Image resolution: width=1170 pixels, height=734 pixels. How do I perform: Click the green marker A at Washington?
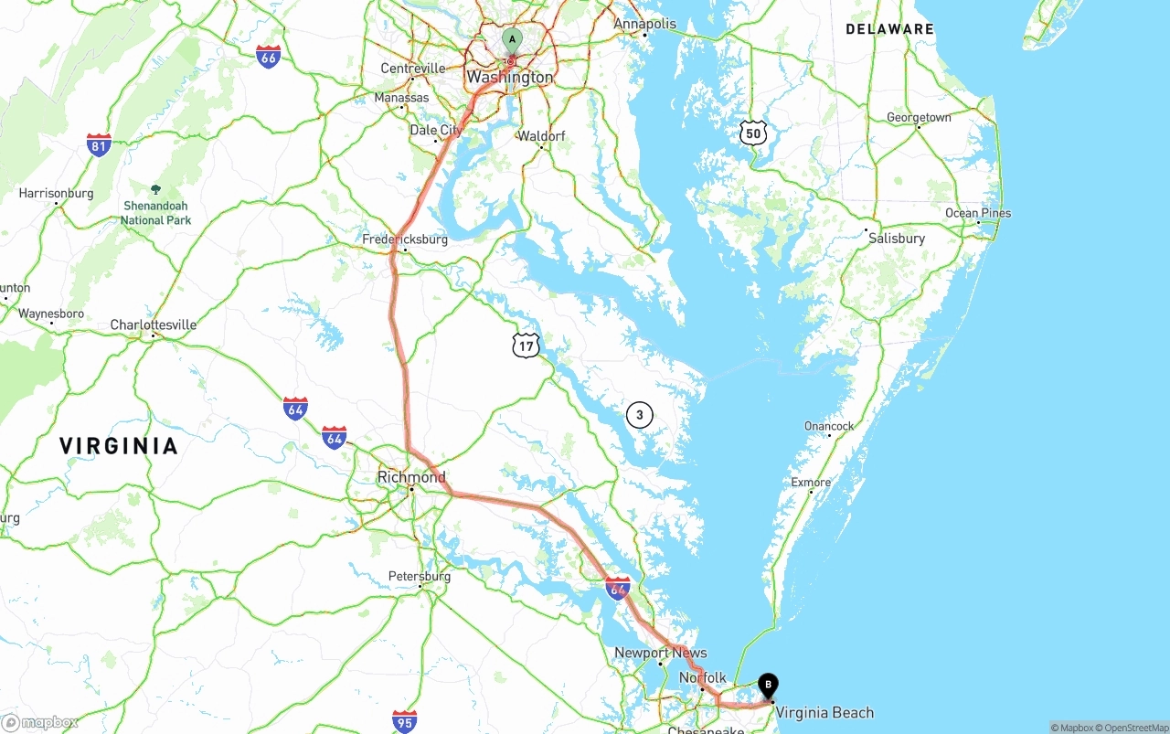click(512, 40)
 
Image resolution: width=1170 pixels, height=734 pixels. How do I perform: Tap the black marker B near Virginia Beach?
click(769, 685)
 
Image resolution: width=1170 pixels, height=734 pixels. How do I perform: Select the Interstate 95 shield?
click(404, 721)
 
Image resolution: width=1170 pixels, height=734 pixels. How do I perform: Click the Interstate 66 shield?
click(268, 57)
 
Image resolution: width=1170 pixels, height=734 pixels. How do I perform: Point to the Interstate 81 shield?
click(99, 144)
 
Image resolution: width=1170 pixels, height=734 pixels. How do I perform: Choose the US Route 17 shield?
click(526, 345)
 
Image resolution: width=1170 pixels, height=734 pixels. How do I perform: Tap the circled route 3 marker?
click(640, 415)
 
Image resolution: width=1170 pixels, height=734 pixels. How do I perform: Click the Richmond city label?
click(412, 477)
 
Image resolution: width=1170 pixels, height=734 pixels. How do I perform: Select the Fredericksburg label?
click(405, 239)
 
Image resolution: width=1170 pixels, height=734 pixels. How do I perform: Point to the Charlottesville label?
click(154, 324)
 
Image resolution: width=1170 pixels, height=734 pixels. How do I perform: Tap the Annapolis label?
click(644, 24)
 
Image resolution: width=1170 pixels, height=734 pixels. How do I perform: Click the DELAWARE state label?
click(889, 29)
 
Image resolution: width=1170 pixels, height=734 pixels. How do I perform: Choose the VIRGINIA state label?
click(119, 446)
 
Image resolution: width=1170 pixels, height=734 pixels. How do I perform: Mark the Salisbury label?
click(897, 239)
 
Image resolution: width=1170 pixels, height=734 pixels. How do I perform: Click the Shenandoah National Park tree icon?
click(155, 189)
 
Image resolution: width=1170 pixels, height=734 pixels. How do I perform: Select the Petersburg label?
click(420, 577)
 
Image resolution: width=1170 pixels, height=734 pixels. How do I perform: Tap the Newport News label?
click(660, 653)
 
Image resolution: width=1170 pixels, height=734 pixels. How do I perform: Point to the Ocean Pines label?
click(978, 213)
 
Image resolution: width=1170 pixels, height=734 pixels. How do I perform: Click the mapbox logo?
click(40, 722)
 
